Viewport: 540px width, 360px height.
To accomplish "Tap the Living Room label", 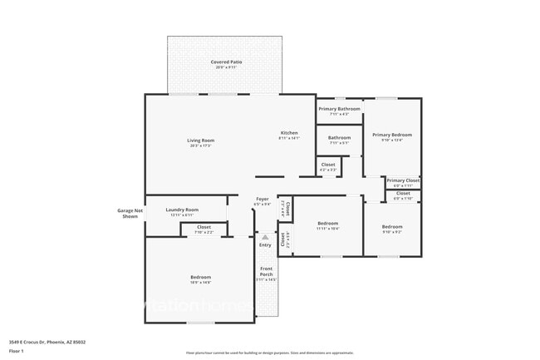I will point(200,140).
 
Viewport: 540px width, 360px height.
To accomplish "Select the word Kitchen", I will point(288,133).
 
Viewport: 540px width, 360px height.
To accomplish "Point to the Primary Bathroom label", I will point(339,109).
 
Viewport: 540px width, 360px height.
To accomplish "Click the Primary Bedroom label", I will point(392,135).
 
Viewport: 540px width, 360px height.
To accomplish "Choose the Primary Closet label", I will point(403,180).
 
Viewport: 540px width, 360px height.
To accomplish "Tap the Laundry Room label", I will point(182,210).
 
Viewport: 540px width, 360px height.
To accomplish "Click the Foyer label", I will point(262,199).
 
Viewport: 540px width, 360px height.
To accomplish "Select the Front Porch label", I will point(266,271).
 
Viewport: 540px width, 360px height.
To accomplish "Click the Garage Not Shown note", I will point(127,213).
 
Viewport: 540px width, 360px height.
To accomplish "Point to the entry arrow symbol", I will point(265,237).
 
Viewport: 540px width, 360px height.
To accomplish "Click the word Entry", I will point(265,244).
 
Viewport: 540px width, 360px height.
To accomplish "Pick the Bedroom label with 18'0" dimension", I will point(200,277).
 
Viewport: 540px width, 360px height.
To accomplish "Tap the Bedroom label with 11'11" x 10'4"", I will point(327,223).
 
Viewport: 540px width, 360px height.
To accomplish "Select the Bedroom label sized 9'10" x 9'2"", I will point(392,227).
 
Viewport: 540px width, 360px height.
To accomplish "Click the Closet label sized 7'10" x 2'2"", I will point(204,227).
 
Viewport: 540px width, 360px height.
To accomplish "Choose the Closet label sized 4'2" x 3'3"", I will point(328,165).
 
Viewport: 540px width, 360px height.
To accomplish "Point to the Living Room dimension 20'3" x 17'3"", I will point(200,145).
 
